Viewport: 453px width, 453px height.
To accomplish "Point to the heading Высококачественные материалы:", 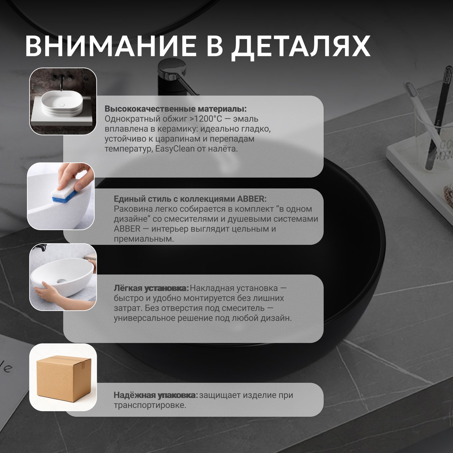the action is [176, 109].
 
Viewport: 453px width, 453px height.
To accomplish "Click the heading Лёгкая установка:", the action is [151, 288].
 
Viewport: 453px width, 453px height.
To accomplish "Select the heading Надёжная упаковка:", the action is [156, 395].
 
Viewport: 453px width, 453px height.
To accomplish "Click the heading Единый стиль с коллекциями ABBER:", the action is [190, 199].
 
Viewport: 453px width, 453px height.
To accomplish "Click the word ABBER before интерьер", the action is [127, 229].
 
